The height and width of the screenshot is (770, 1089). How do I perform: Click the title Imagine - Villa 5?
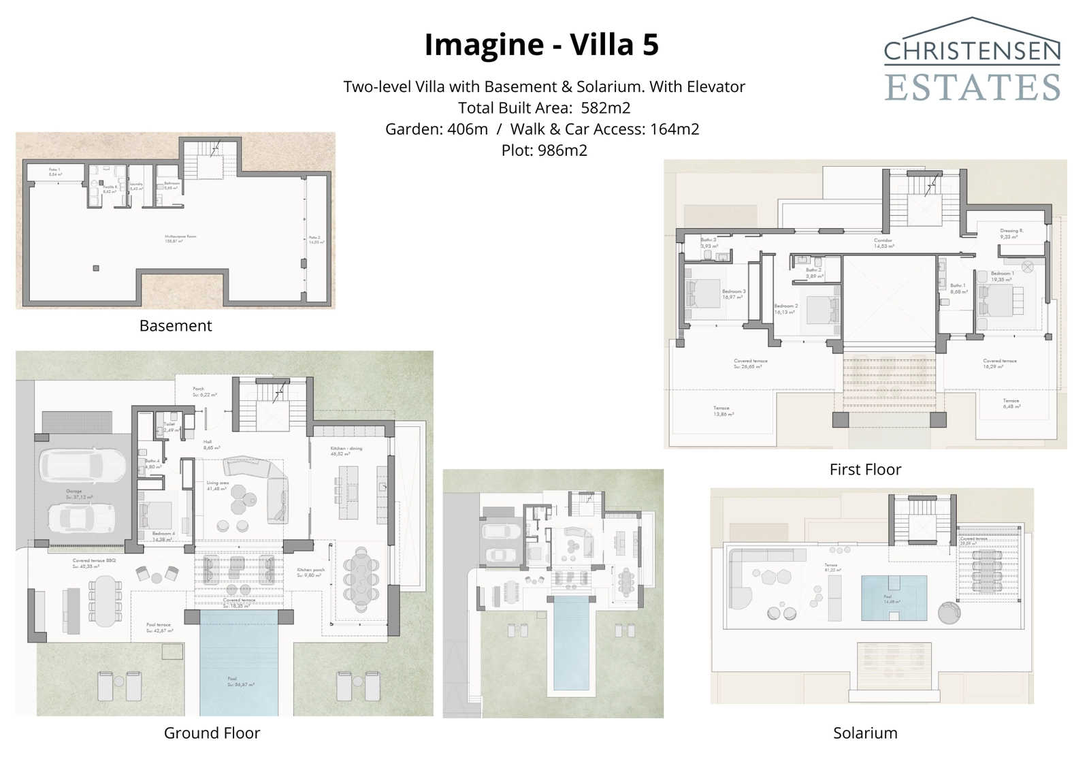(542, 45)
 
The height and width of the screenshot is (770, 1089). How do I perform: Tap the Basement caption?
(176, 326)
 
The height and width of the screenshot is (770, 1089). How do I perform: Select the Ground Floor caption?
(212, 733)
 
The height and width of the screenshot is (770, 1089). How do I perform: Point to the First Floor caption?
(865, 470)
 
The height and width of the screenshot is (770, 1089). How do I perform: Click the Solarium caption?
(865, 733)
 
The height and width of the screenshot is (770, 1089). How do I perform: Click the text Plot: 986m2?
(544, 150)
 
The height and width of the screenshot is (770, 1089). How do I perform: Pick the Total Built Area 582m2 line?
(544, 108)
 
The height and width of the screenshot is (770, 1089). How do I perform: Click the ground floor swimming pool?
(239, 664)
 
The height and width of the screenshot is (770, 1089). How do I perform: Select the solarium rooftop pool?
(894, 598)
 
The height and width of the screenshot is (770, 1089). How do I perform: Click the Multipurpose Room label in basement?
(180, 239)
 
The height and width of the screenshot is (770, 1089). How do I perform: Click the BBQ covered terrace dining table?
(106, 601)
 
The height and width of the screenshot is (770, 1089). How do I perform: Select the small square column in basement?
(96, 268)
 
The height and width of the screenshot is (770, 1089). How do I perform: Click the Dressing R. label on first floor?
(1011, 231)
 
